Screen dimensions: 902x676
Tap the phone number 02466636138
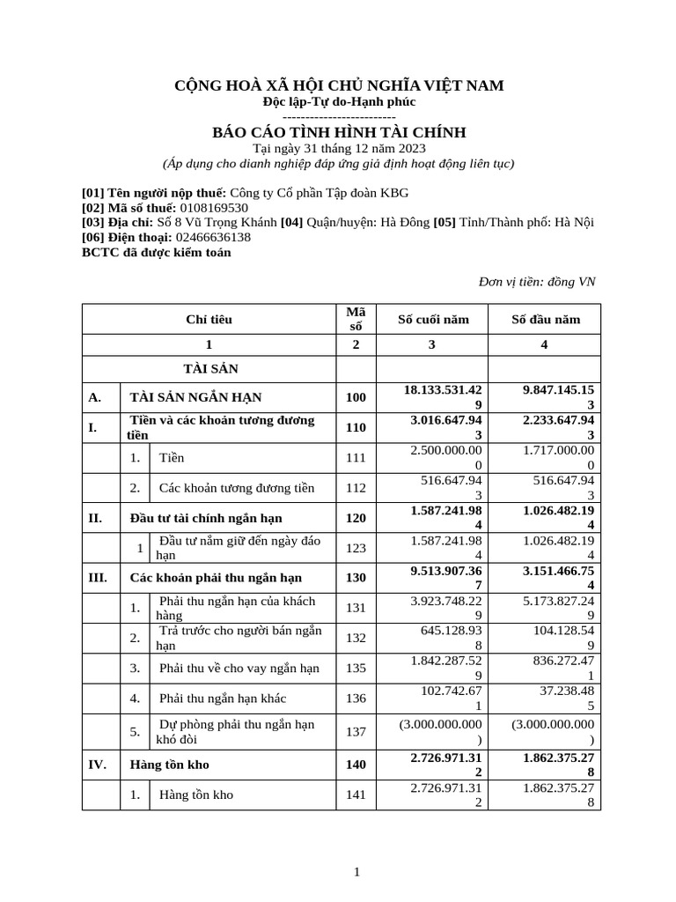click(x=213, y=237)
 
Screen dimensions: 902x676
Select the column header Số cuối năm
click(x=431, y=319)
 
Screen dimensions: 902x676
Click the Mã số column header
click(x=356, y=319)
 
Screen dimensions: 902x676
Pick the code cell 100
click(x=356, y=397)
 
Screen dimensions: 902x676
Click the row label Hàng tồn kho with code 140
click(x=170, y=765)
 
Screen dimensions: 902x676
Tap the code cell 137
click(x=356, y=731)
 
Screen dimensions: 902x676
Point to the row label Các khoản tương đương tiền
click(x=236, y=487)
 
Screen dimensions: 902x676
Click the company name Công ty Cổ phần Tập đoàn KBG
click(x=319, y=193)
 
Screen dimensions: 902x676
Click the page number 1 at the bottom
click(x=356, y=872)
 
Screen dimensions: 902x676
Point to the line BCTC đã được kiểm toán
click(x=156, y=252)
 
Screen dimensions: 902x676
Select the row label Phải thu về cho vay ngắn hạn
click(x=239, y=668)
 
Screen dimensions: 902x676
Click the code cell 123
click(x=356, y=548)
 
